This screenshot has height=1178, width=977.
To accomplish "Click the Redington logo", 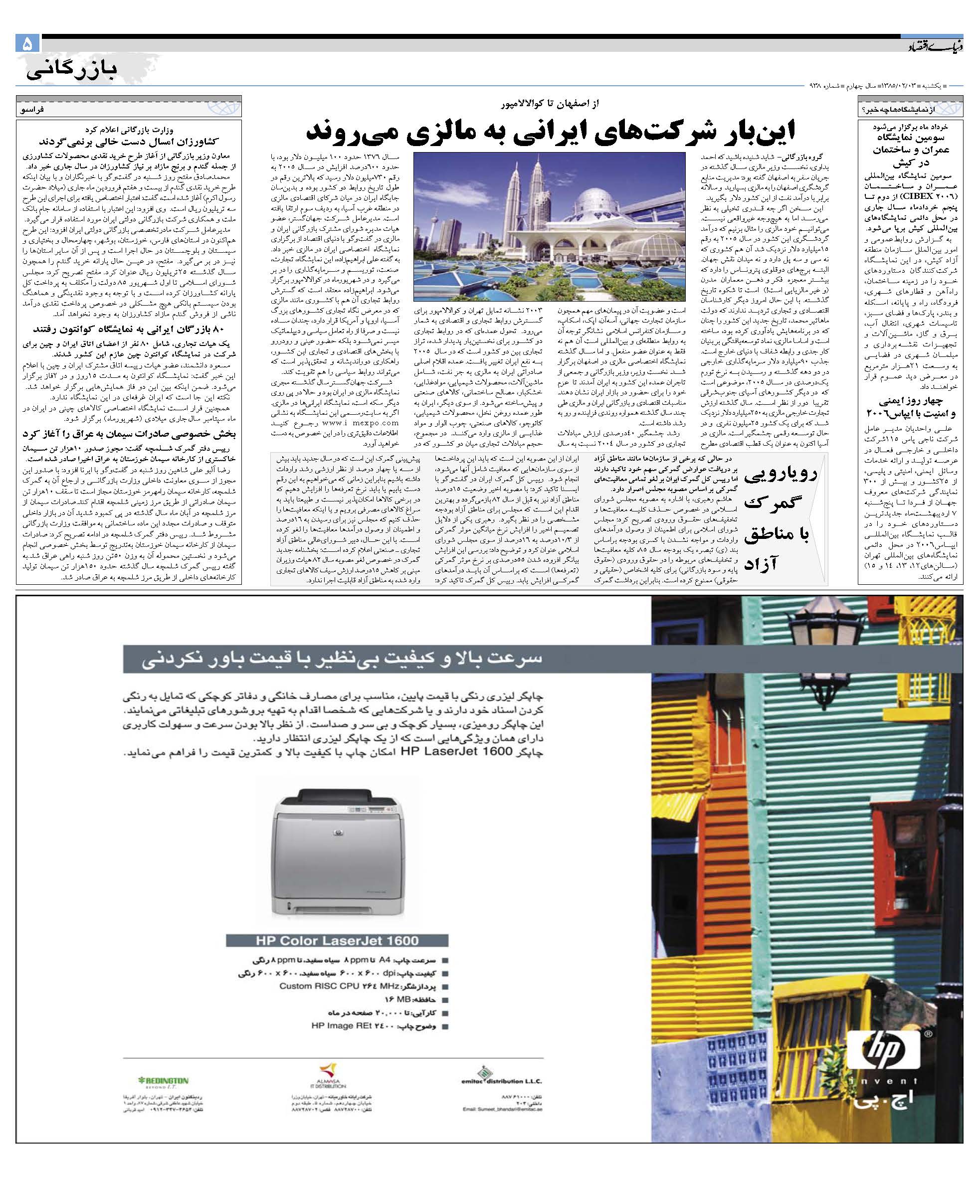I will [163, 1080].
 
